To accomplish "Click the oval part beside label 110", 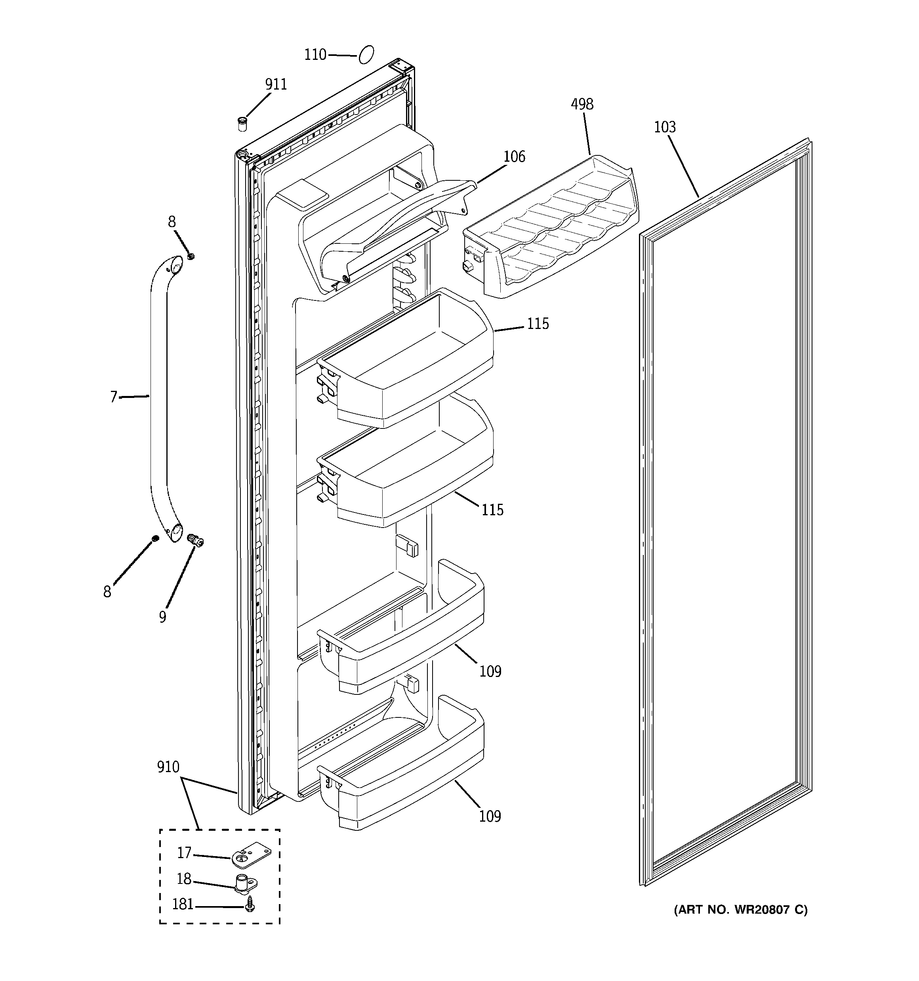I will pos(366,54).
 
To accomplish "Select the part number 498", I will pos(582,104).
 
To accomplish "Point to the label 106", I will pos(515,157).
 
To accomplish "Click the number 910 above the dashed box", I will pos(168,767).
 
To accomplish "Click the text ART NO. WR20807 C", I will pos(740,909).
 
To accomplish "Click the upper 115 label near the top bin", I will pos(538,324).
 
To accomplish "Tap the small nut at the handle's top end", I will pos(191,256).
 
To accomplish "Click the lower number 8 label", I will pos(107,592).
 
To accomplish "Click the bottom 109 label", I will pos(490,817).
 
